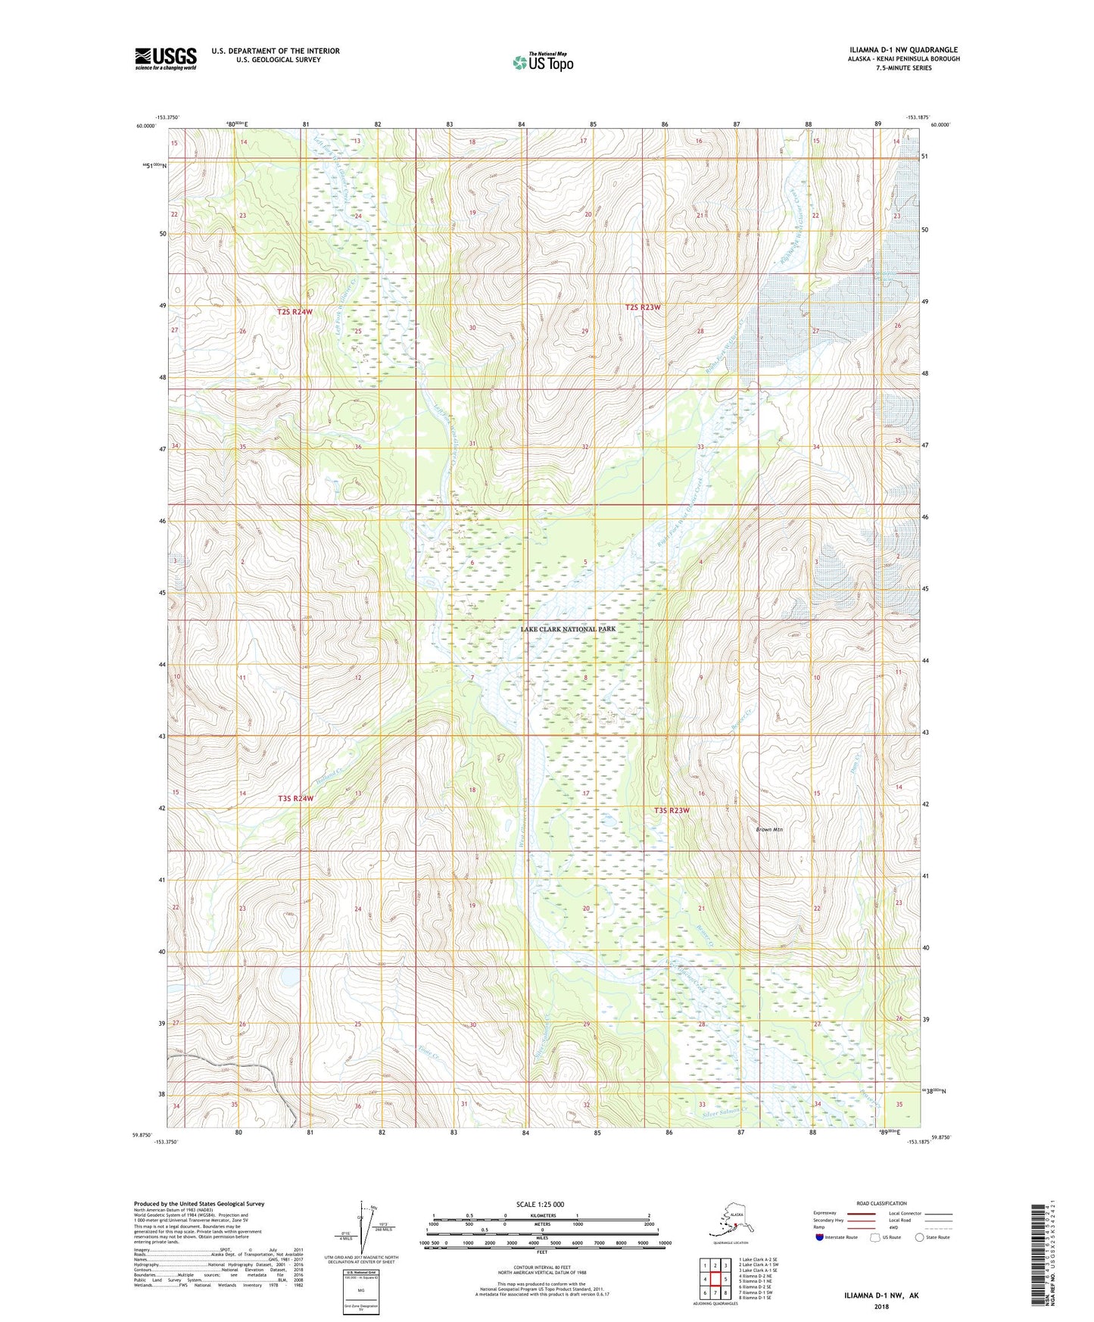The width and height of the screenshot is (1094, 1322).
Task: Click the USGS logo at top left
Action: [165, 58]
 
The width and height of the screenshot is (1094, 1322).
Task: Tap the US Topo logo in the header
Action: [542, 62]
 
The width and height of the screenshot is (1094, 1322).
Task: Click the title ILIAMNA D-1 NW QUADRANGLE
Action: [903, 50]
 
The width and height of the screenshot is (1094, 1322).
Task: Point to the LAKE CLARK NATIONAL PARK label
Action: [568, 629]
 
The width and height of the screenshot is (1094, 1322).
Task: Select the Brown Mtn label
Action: [769, 830]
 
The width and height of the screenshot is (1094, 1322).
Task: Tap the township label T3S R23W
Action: [672, 811]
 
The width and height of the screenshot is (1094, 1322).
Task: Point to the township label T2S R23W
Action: [643, 307]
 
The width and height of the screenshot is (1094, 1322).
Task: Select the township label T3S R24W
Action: [295, 799]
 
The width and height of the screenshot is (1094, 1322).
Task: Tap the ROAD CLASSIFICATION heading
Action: [881, 1203]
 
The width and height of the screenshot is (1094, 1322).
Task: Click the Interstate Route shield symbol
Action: [819, 1238]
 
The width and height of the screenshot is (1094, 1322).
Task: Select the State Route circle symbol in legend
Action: [920, 1238]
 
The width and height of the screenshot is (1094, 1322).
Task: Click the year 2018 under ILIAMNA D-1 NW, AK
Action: [881, 1306]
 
